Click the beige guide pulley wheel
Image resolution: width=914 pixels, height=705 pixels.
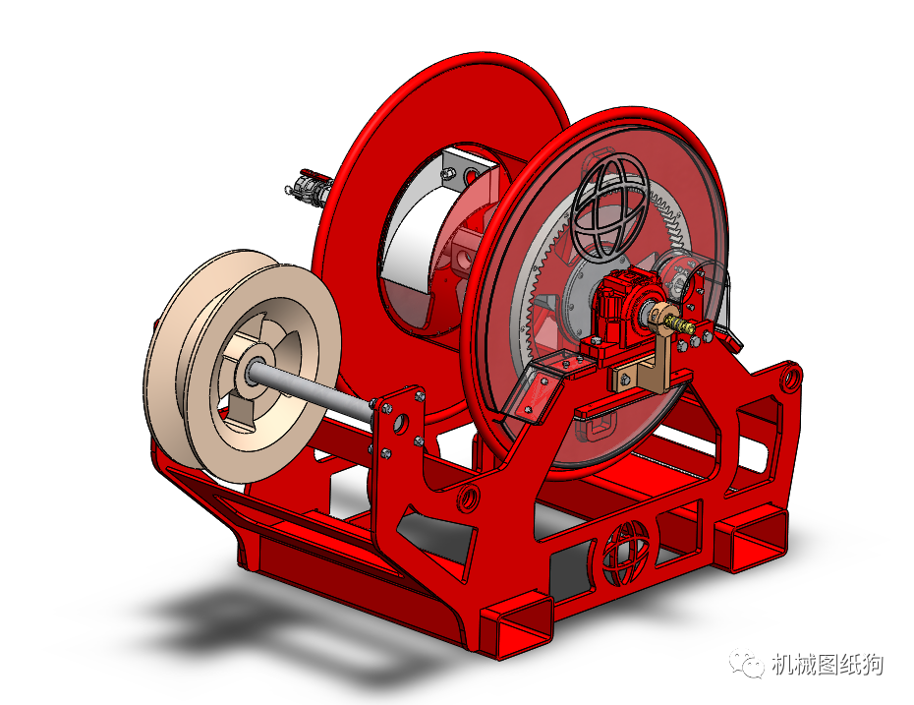187,324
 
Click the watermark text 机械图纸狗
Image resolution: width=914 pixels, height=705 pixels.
828,666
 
